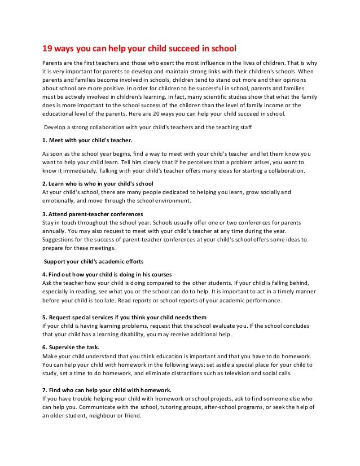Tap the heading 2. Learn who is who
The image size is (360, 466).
click(98, 184)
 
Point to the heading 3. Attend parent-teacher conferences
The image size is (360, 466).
click(93, 215)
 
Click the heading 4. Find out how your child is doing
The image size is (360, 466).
click(107, 274)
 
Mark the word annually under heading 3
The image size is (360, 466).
click(55, 230)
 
